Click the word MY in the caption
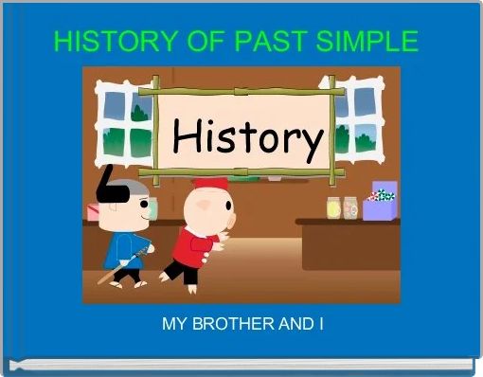(173, 325)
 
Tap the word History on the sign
(246, 141)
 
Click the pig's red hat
(210, 184)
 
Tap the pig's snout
(190, 204)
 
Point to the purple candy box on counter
(381, 200)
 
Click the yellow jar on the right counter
(332, 206)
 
